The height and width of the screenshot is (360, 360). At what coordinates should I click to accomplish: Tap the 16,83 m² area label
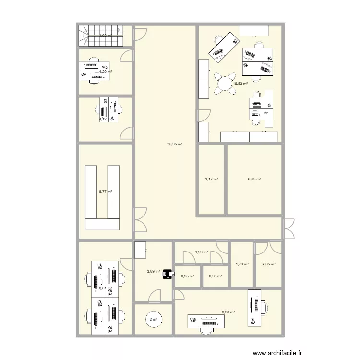point(240,84)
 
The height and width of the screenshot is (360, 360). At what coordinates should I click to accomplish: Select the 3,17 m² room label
point(212,180)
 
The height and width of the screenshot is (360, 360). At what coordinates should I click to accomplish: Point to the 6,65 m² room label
point(254,180)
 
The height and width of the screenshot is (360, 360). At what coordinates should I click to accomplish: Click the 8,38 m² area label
point(228,312)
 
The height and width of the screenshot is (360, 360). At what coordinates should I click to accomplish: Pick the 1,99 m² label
point(202,252)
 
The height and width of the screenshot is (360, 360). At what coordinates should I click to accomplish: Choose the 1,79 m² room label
point(242,264)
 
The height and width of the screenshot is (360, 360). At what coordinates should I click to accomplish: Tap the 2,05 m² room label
point(269,264)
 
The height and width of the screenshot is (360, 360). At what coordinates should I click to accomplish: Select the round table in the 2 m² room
point(153,319)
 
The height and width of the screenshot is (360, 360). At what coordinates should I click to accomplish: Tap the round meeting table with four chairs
point(225,83)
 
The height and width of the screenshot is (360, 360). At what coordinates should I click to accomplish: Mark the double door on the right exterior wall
point(288,228)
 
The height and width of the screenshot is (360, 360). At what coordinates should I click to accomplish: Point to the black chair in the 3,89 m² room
point(168,274)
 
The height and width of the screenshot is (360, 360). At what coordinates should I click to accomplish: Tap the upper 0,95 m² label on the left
point(188,276)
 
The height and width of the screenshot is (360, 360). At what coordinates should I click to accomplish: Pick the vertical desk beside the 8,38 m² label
point(256,308)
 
